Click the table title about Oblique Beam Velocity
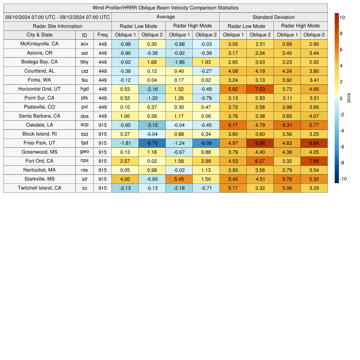click(166, 8)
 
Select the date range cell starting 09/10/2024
click(58, 17)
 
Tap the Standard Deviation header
click(274, 17)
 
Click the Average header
click(166, 17)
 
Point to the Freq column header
click(102, 35)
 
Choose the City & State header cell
click(39, 35)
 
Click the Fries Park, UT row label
click(39, 143)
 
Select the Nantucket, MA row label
click(39, 170)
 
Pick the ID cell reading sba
click(84, 116)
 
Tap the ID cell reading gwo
click(84, 152)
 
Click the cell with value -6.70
click(152, 143)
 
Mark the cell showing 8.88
click(260, 143)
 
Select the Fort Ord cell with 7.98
click(314, 161)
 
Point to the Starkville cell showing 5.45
click(179, 179)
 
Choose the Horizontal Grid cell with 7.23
click(260, 89)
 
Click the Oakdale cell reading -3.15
click(152, 125)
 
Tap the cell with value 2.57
click(125, 161)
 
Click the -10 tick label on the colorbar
click(343, 179)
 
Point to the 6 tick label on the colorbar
click(341, 50)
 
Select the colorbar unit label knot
click(349, 98)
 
